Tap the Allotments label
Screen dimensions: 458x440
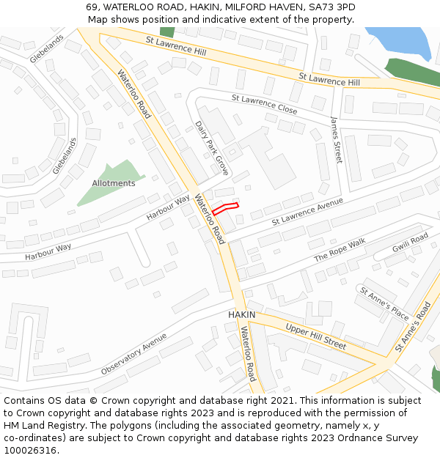tap(114, 183)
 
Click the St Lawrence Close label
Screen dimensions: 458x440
tap(264, 103)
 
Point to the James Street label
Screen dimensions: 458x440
tap(336, 140)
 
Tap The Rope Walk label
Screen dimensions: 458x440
tap(340, 251)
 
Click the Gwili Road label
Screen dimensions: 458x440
tap(409, 243)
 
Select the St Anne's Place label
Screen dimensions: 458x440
tap(384, 303)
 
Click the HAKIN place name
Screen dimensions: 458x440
tap(241, 314)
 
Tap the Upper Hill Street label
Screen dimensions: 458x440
tap(315, 336)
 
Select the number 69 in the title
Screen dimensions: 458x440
tap(91, 7)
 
